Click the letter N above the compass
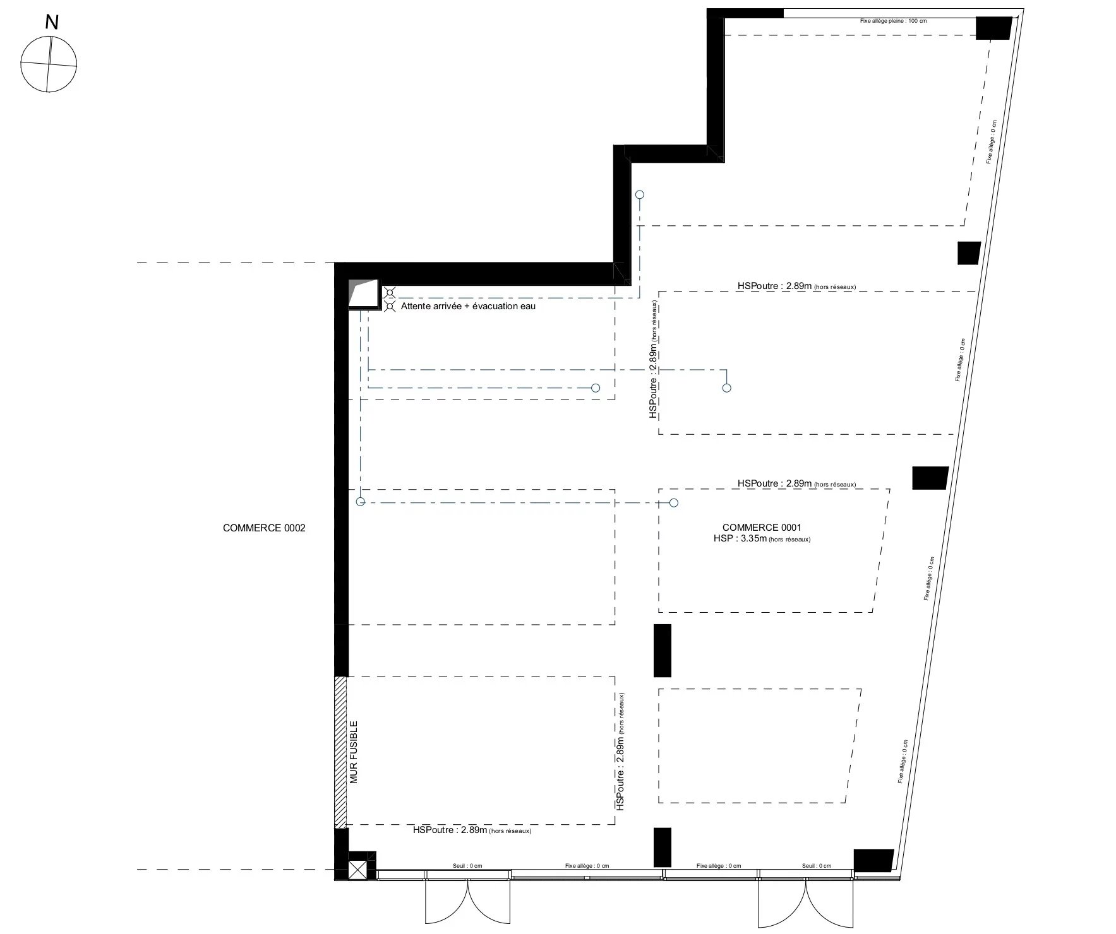click(52, 23)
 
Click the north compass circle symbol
click(49, 64)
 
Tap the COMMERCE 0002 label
click(264, 528)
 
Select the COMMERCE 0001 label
click(762, 528)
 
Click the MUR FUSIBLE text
click(354, 752)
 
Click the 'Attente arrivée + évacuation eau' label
click(468, 306)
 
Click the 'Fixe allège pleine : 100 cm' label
click(884, 21)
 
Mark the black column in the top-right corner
click(993, 28)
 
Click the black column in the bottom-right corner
click(873, 861)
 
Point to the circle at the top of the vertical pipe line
click(640, 195)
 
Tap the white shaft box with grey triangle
click(363, 293)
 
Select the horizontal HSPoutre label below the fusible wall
click(472, 831)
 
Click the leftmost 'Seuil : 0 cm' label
click(467, 866)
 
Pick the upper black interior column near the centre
click(662, 651)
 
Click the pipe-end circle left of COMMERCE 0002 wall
click(361, 502)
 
